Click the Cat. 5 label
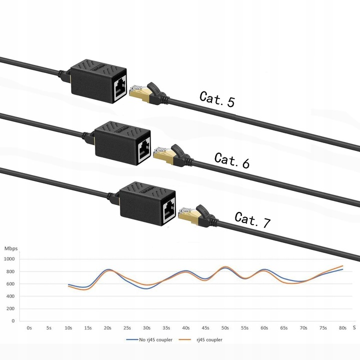[x=217, y=98]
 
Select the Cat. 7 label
[x=252, y=219]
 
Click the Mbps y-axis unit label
[x=11, y=248]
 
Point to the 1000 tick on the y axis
[x=9, y=259]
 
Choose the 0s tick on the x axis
[x=29, y=328]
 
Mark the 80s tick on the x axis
[x=342, y=328]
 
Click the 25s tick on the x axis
[x=127, y=328]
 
